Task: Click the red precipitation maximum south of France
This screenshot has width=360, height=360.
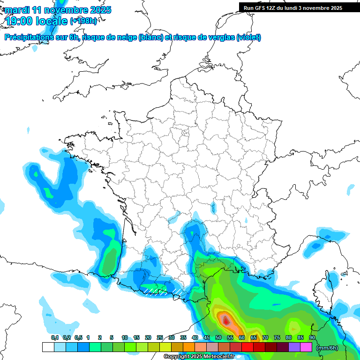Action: pyautogui.click(x=226, y=321)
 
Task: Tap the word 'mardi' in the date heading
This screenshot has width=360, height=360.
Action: pyautogui.click(x=17, y=10)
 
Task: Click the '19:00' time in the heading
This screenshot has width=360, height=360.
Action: pyautogui.click(x=18, y=21)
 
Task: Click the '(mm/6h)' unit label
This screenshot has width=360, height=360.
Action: pyautogui.click(x=327, y=347)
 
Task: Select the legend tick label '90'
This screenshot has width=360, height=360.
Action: pyautogui.click(x=312, y=337)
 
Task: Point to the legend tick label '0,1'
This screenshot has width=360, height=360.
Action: pyautogui.click(x=55, y=337)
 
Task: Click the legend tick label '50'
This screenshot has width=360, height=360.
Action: pyautogui.click(x=218, y=337)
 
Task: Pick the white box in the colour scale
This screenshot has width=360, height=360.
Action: pyautogui.click(x=48, y=347)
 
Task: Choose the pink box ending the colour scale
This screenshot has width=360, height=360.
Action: pyautogui.click(x=306, y=347)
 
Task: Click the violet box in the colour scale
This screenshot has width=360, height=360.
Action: pyautogui.click(x=294, y=347)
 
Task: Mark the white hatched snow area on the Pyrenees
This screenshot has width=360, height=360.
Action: pyautogui.click(x=159, y=292)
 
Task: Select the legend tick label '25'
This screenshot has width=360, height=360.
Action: pyautogui.click(x=160, y=337)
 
